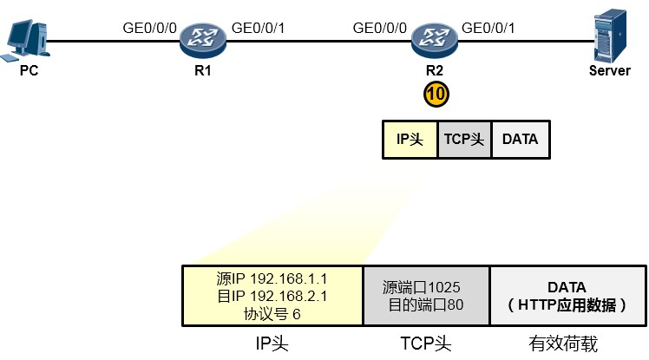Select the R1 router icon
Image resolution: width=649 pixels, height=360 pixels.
click(203, 40)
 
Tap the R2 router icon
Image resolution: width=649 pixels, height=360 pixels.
click(435, 40)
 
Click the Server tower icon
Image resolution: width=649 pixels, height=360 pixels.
click(610, 36)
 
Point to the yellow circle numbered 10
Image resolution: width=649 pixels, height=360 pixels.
click(436, 94)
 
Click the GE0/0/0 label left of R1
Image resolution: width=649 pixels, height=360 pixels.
click(149, 28)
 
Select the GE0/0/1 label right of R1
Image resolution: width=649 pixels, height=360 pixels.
click(258, 28)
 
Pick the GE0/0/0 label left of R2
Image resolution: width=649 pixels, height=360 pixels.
click(379, 28)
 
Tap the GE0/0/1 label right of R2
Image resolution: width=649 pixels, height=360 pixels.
click(488, 28)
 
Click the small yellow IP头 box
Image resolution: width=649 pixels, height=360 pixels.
click(410, 140)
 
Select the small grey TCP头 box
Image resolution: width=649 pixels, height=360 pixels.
click(464, 140)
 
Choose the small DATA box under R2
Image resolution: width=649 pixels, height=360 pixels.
click(521, 140)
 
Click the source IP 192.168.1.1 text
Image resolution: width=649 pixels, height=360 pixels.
click(272, 279)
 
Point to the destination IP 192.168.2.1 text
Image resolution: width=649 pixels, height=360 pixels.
click(272, 297)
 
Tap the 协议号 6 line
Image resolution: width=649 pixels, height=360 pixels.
click(272, 314)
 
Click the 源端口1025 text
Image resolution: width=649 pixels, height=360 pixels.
click(422, 287)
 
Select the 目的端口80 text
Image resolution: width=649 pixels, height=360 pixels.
click(426, 305)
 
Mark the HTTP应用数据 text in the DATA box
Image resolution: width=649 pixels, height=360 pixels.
click(567, 305)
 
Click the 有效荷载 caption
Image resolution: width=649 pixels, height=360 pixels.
click(563, 344)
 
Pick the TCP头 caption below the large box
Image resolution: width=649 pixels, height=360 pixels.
click(425, 344)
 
